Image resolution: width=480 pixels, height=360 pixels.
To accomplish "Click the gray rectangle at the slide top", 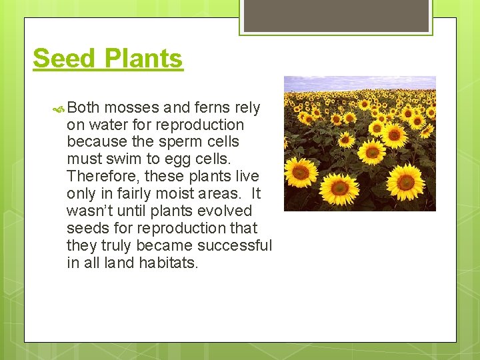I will (x=336, y=15).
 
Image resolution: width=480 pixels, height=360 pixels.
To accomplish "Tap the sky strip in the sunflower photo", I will (x=360, y=83).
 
